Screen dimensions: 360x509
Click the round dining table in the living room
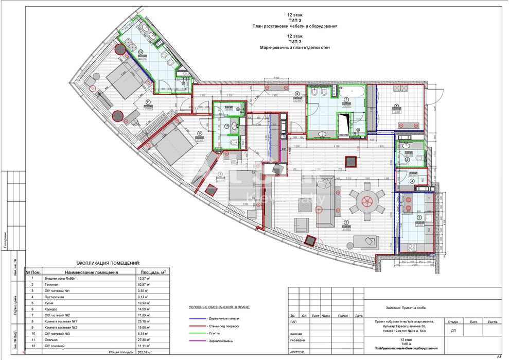pos(367,200)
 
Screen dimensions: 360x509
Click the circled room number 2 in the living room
pos(346,222)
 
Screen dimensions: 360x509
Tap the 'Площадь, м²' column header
pos(150,272)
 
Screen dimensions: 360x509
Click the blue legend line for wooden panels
pos(197,318)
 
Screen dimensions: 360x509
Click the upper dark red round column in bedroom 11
pos(120,50)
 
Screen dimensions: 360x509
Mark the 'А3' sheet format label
pos(498,356)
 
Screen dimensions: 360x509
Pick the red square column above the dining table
pos(352,161)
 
